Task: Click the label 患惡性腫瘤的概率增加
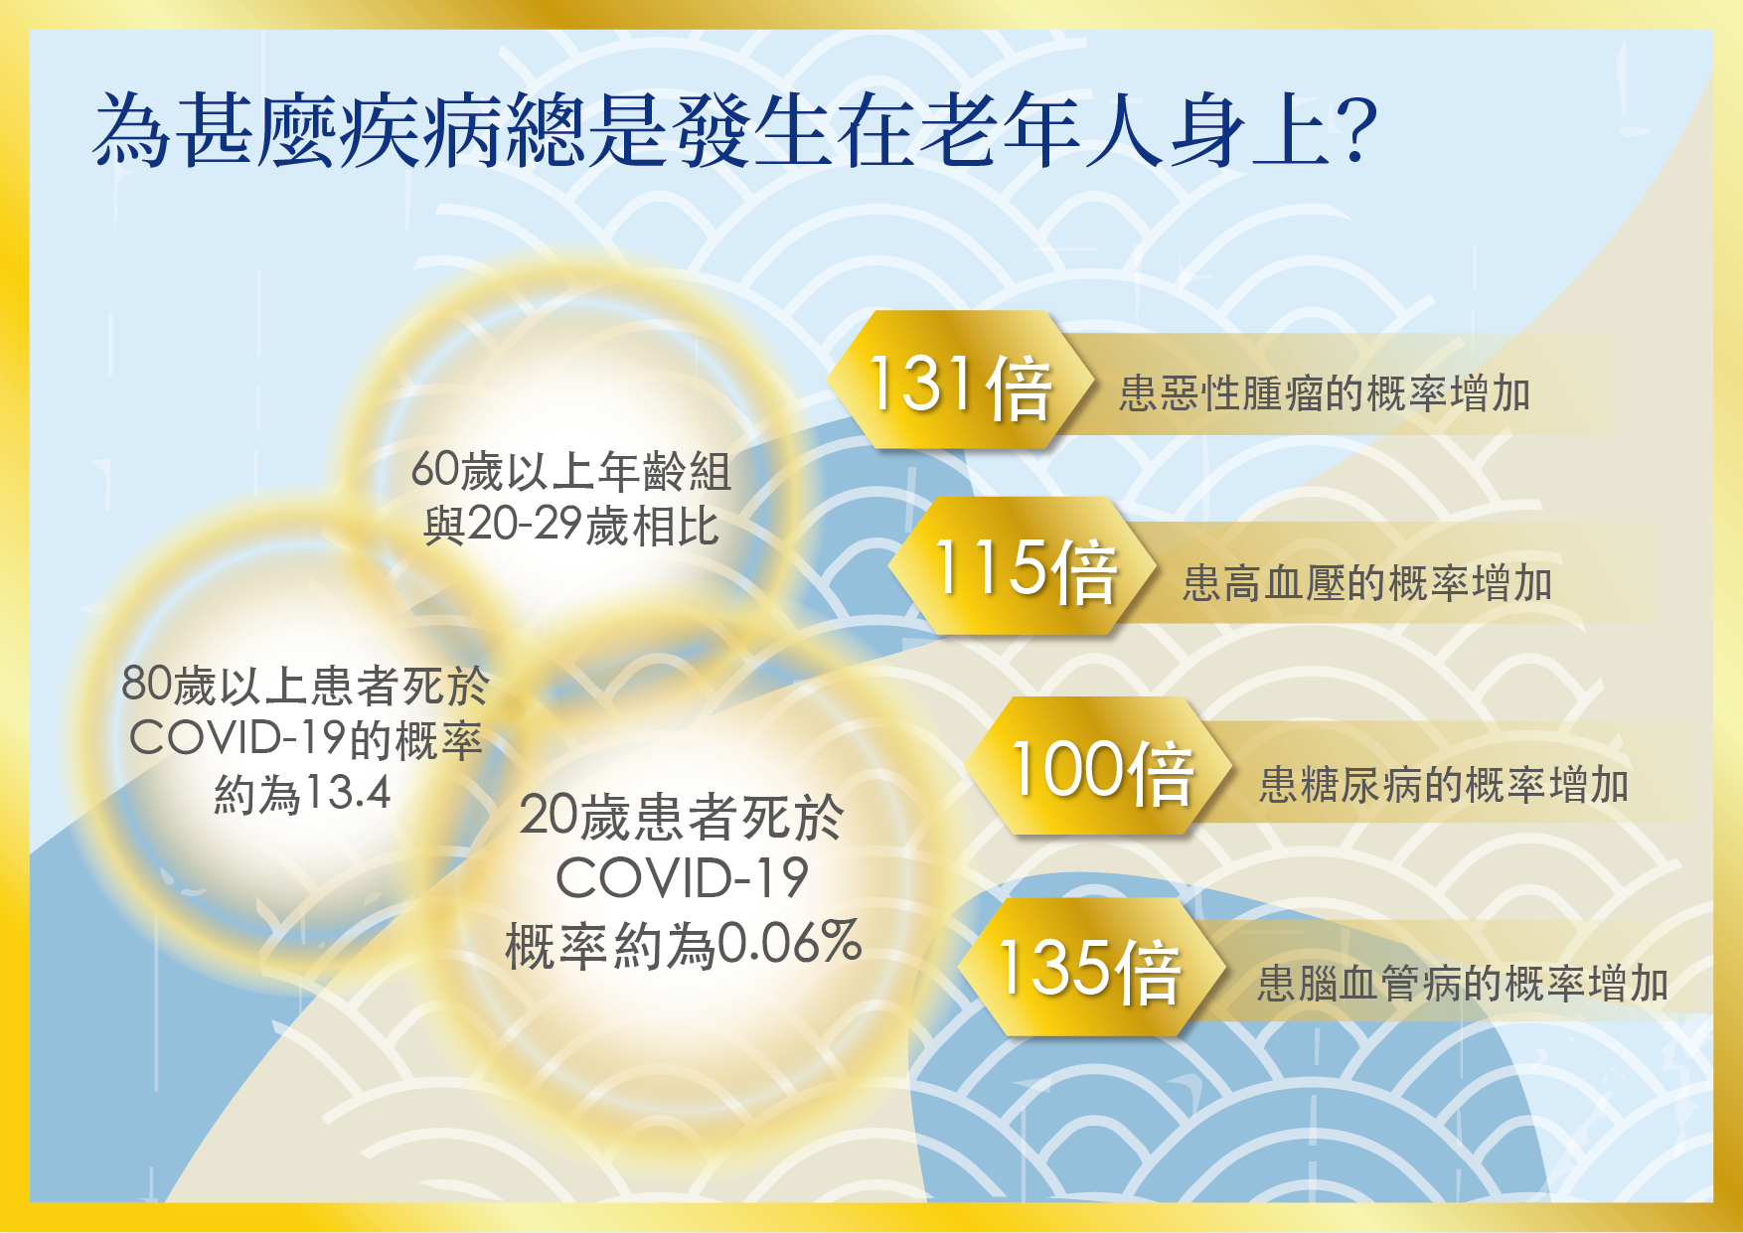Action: point(1325,393)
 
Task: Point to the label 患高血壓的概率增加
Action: point(1367,582)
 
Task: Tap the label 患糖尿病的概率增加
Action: point(1444,784)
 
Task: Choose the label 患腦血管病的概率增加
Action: point(1463,984)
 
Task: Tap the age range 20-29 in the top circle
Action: point(525,524)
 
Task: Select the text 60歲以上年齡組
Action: point(571,471)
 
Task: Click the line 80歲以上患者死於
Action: point(306,685)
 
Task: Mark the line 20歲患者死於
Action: point(682,817)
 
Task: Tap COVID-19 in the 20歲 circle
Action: point(682,878)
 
